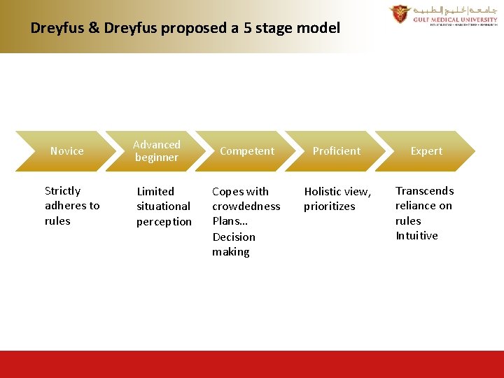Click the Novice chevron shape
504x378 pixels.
(x=66, y=151)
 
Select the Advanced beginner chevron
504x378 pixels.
(x=157, y=151)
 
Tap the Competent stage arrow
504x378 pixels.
(x=247, y=151)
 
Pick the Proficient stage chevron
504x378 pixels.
(x=337, y=151)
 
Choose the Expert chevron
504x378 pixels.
(x=426, y=151)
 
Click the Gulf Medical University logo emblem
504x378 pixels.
(x=400, y=14)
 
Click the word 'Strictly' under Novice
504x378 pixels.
(x=62, y=191)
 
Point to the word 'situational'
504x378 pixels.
(x=163, y=206)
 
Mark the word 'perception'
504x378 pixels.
(x=164, y=222)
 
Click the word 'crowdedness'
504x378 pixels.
(x=246, y=206)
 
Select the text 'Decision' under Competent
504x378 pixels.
(x=234, y=237)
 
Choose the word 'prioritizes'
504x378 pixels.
(x=329, y=206)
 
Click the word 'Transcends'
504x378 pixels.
(x=424, y=191)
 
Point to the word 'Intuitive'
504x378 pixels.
(x=416, y=236)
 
